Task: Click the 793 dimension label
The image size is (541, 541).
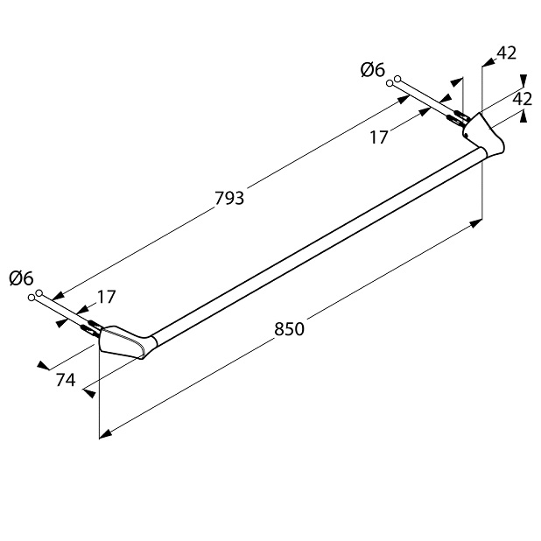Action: [x=229, y=199]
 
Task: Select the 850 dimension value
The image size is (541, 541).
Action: [x=289, y=329]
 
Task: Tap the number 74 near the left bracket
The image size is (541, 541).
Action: [x=66, y=380]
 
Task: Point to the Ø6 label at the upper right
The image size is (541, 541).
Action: [x=373, y=70]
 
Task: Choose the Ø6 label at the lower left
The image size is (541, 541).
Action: [x=21, y=278]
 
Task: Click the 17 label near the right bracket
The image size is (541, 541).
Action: [x=379, y=137]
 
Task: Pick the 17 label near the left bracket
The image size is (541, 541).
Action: [x=106, y=297]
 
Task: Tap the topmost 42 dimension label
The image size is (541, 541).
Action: [x=507, y=53]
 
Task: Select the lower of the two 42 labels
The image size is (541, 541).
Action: [x=523, y=99]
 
